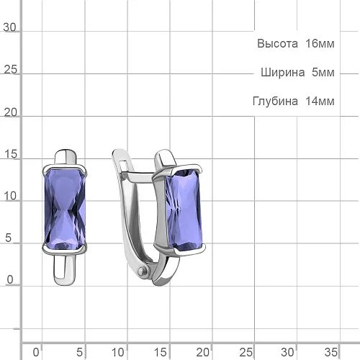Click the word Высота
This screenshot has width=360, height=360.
click(x=277, y=44)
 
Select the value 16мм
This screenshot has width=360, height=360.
click(x=320, y=44)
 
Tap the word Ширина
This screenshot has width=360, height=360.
click(x=283, y=73)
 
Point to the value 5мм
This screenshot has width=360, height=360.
click(x=323, y=73)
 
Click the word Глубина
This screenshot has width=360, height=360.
click(x=275, y=102)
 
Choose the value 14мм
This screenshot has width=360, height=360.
click(x=320, y=102)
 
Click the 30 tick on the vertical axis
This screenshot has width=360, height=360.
click(x=9, y=27)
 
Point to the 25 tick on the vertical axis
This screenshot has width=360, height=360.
click(x=11, y=70)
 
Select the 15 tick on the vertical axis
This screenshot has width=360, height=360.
click(x=11, y=154)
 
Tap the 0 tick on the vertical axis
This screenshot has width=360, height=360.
click(x=10, y=280)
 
